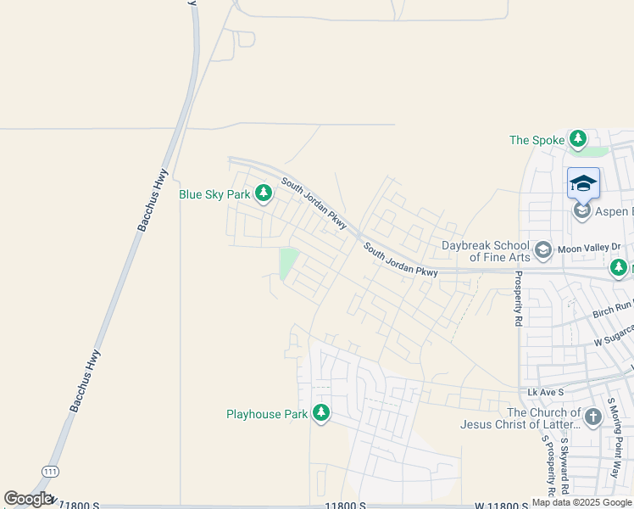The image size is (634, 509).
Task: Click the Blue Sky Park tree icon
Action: [x=264, y=194]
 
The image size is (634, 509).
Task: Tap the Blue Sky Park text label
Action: [x=214, y=194]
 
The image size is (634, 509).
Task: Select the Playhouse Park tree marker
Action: [x=320, y=414]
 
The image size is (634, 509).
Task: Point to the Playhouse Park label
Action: [x=266, y=415]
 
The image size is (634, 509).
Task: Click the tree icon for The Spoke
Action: [x=578, y=139]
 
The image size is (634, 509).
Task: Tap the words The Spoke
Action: [x=537, y=140]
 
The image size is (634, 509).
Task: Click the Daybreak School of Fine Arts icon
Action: [x=542, y=250]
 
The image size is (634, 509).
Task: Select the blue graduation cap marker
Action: [x=583, y=183]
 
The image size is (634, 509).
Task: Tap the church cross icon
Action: [x=592, y=417]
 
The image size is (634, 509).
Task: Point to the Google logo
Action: [x=28, y=500]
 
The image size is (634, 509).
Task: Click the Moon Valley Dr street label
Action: [x=590, y=248]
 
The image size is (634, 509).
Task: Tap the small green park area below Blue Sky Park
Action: [x=287, y=263]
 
